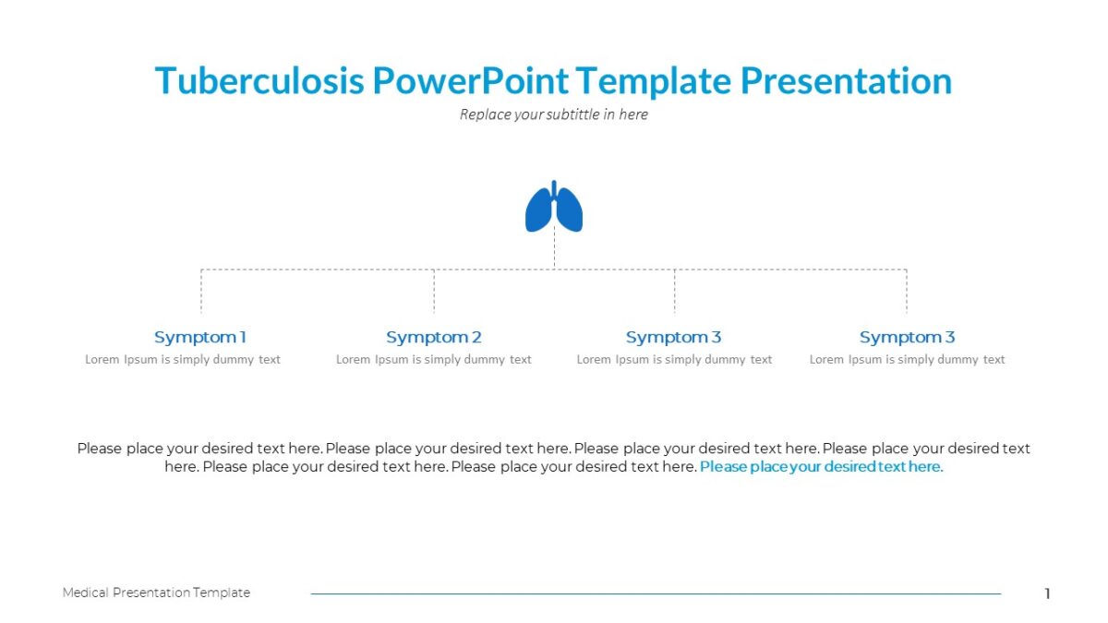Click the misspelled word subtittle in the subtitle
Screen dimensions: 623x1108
pyautogui.click(x=569, y=114)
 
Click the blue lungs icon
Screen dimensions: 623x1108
pyautogui.click(x=554, y=210)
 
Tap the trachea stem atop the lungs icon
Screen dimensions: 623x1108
pyautogui.click(x=554, y=187)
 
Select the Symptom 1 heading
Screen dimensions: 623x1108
pyautogui.click(x=200, y=337)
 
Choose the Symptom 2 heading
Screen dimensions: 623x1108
pyautogui.click(x=434, y=337)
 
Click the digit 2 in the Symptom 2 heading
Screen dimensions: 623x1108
pyautogui.click(x=476, y=337)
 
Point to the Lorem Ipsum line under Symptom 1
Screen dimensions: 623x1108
pyautogui.click(x=183, y=359)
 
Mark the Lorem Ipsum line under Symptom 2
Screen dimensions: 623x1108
pyautogui.click(x=434, y=359)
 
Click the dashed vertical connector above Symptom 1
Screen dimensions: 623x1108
pyautogui.click(x=201, y=292)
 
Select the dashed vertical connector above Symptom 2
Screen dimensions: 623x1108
pyautogui.click(x=434, y=292)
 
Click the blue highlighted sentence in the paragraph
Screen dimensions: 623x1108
pyautogui.click(x=821, y=467)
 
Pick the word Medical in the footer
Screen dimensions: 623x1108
pyautogui.click(x=86, y=593)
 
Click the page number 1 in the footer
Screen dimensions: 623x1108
pyautogui.click(x=1047, y=593)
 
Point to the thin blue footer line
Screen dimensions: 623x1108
pyautogui.click(x=656, y=593)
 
